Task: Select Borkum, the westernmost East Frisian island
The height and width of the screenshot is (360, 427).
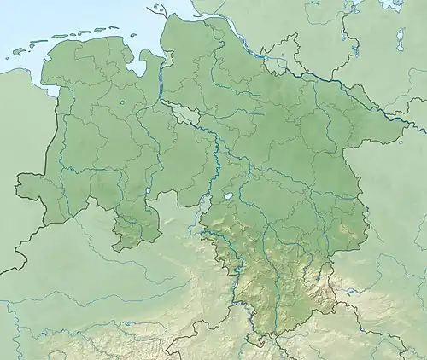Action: pos(17,53)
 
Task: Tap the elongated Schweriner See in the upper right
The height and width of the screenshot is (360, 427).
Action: pos(400,38)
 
